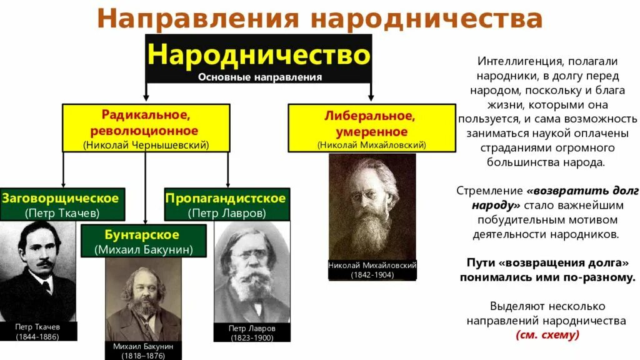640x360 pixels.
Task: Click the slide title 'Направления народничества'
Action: pyautogui.click(x=319, y=19)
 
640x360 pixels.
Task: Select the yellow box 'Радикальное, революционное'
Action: pyautogui.click(x=146, y=128)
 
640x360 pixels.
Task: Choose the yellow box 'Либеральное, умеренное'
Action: pyautogui.click(x=371, y=128)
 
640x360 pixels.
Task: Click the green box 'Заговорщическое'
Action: pyautogui.click(x=62, y=204)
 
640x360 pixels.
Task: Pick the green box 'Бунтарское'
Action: pyautogui.click(x=144, y=241)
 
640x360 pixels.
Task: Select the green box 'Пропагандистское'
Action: pyautogui.click(x=226, y=204)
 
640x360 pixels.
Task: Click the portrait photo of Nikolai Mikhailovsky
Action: pyautogui.click(x=372, y=206)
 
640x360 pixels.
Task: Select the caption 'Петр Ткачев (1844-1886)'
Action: pyautogui.click(x=39, y=331)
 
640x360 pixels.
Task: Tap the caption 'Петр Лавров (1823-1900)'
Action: pyautogui.click(x=252, y=332)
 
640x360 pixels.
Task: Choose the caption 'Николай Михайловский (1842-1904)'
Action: pyautogui.click(x=372, y=270)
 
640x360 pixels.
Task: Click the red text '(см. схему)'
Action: pyautogui.click(x=547, y=335)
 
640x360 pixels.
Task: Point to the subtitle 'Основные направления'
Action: pyautogui.click(x=260, y=77)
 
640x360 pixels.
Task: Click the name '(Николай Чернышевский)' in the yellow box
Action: pyautogui.click(x=146, y=144)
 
